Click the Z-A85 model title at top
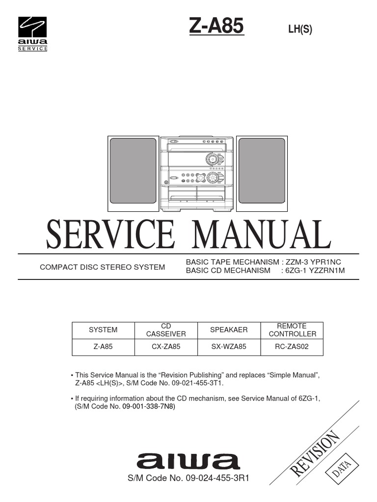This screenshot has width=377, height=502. tap(216, 26)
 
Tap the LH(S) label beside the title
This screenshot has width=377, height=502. tap(300, 29)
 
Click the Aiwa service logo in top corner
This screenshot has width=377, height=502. tap(33, 33)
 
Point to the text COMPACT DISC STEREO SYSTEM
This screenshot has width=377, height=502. tap(102, 267)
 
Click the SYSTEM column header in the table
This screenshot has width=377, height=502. tap(103, 330)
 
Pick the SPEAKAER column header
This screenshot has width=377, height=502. tap(229, 330)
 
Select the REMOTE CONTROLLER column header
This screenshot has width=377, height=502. tap(292, 330)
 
